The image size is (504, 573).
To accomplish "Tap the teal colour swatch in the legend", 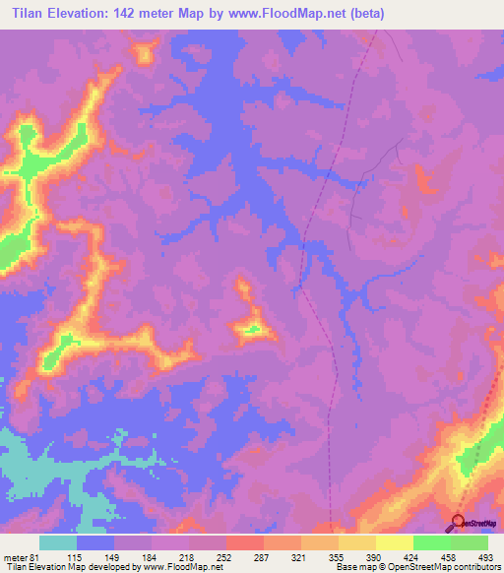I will point(58,542).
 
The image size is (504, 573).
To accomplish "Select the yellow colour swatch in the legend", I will point(395,542).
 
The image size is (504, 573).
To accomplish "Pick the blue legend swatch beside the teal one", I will point(95,542).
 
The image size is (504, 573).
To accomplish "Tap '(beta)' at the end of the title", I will point(365,14).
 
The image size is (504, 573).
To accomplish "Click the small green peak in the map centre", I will point(253,329).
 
